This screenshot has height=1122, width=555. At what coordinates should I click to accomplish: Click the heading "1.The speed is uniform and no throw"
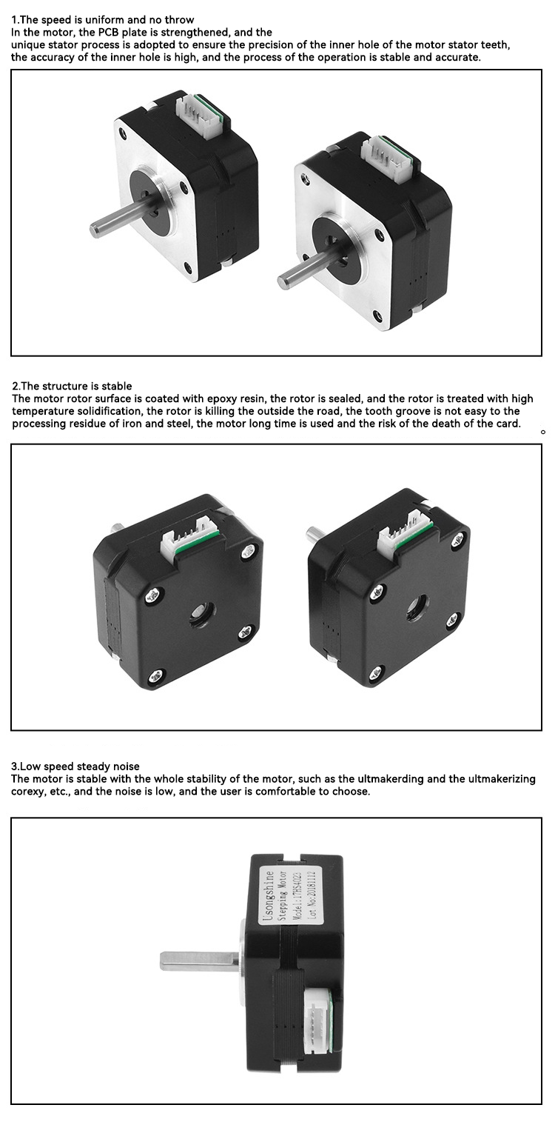click(x=103, y=20)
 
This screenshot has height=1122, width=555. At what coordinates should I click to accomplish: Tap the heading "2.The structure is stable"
click(x=72, y=386)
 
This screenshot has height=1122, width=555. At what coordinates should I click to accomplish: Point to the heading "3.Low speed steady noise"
click(x=75, y=767)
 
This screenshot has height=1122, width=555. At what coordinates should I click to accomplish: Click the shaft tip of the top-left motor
click(x=93, y=228)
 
